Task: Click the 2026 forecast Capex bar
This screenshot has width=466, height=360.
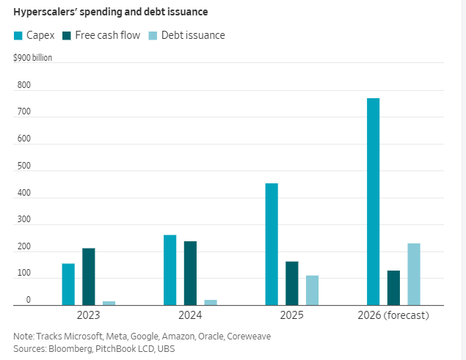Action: (373, 202)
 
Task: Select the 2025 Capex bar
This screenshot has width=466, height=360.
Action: (272, 244)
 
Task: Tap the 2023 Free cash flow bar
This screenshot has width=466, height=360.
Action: (89, 276)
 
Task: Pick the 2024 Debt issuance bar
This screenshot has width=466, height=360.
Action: (211, 302)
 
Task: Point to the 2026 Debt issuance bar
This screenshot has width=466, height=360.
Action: (414, 274)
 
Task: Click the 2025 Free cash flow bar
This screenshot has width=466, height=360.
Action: (291, 283)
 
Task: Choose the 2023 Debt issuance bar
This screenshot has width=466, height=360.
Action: (109, 303)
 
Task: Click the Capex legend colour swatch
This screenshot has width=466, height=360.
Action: (18, 35)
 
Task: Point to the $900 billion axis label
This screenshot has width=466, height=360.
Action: (33, 57)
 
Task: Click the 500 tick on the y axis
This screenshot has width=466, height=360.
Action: (24, 166)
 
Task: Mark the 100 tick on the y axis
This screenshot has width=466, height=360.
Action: (24, 273)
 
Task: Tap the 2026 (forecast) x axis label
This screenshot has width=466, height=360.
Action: (393, 315)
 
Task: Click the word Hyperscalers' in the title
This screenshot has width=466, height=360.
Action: (45, 11)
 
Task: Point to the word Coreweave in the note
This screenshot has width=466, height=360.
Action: (247, 336)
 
